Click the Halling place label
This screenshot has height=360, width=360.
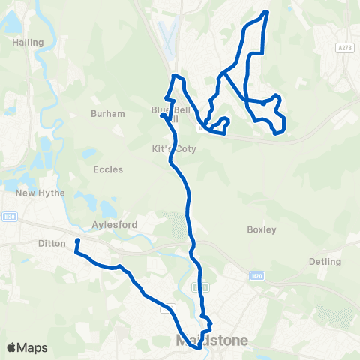tap(28, 43)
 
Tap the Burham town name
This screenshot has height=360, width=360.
tap(102, 114)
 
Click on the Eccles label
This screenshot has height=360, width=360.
tap(108, 169)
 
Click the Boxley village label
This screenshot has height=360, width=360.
tap(262, 229)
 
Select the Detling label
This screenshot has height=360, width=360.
tap(324, 262)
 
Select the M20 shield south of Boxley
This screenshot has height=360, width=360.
tap(256, 276)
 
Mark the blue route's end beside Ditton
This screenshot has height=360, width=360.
tap(77, 241)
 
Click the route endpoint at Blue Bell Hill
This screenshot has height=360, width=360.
tap(163, 115)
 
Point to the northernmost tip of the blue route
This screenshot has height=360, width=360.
tap(266, 12)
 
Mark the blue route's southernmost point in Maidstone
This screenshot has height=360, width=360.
tap(197, 335)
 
